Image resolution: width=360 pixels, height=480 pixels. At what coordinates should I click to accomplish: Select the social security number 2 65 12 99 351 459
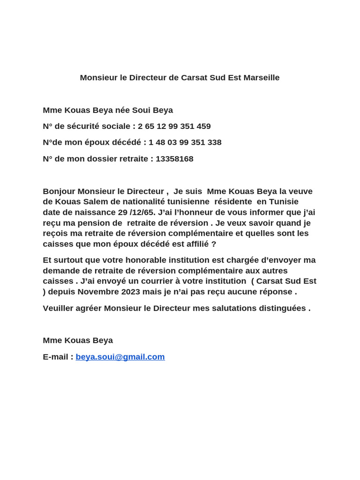coord(174,127)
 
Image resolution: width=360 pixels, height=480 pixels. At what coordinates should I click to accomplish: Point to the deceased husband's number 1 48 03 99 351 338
coord(185,142)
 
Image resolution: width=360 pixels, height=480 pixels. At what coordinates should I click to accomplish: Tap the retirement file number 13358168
coord(174,159)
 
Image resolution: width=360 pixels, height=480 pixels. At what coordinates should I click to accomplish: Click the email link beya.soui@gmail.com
coord(120,357)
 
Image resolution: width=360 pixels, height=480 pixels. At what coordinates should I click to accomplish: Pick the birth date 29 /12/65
coord(136,212)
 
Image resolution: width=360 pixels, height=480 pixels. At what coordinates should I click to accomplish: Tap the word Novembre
coord(98,292)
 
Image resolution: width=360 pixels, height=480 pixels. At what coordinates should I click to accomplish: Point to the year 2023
coord(133,292)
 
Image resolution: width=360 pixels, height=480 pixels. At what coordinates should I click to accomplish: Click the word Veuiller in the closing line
coord(59,308)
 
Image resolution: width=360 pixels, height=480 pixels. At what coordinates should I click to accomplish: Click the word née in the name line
coord(122,110)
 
